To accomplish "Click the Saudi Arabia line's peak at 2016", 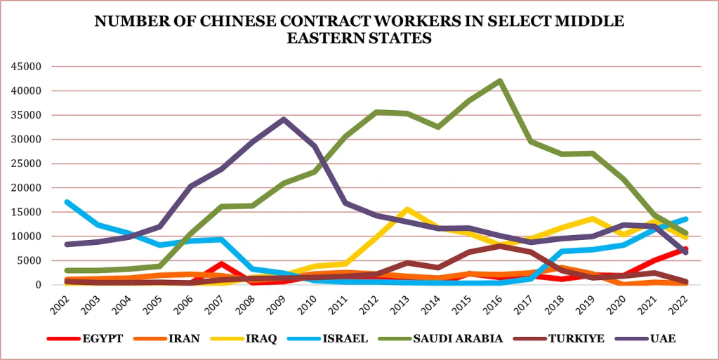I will [500, 81].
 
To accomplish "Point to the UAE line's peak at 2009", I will [283, 119].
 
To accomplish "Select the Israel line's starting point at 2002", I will [67, 202].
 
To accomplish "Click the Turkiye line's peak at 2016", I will [500, 246].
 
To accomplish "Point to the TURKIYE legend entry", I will [576, 338].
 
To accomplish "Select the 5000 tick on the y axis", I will [31, 260].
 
